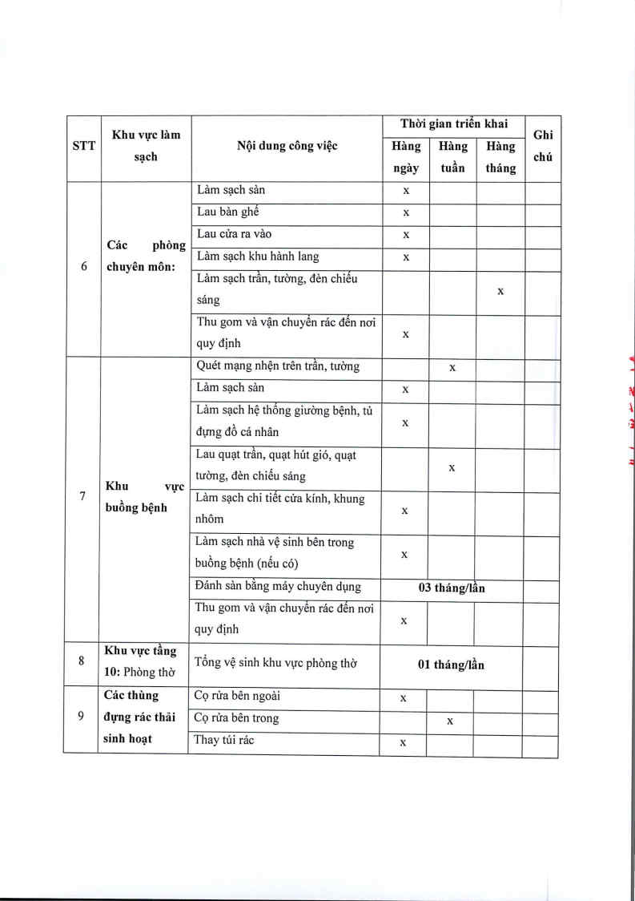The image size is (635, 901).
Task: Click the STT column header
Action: pos(82,147)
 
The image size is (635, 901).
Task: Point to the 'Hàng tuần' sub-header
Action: pos(452,157)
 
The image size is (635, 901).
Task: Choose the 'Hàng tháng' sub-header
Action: pos(500,157)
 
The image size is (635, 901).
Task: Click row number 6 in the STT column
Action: pos(83,268)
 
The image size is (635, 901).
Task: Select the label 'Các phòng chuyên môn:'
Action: pos(146,257)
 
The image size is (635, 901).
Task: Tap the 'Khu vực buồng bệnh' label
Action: pos(146,497)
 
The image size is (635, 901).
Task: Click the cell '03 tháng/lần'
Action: pos(452,588)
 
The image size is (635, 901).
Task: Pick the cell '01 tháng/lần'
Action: pos(451,665)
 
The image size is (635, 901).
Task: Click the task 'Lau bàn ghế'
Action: pos(227,212)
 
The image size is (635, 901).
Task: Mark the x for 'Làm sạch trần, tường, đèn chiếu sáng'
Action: pos(500,291)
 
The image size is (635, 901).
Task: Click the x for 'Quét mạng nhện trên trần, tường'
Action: pos(452,367)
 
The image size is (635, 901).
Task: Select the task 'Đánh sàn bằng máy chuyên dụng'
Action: pos(278,587)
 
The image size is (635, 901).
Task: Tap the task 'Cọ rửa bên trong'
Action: pos(237,718)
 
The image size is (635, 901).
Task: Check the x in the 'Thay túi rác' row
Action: pos(403,742)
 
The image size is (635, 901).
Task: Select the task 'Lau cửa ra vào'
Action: pos(234,234)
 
